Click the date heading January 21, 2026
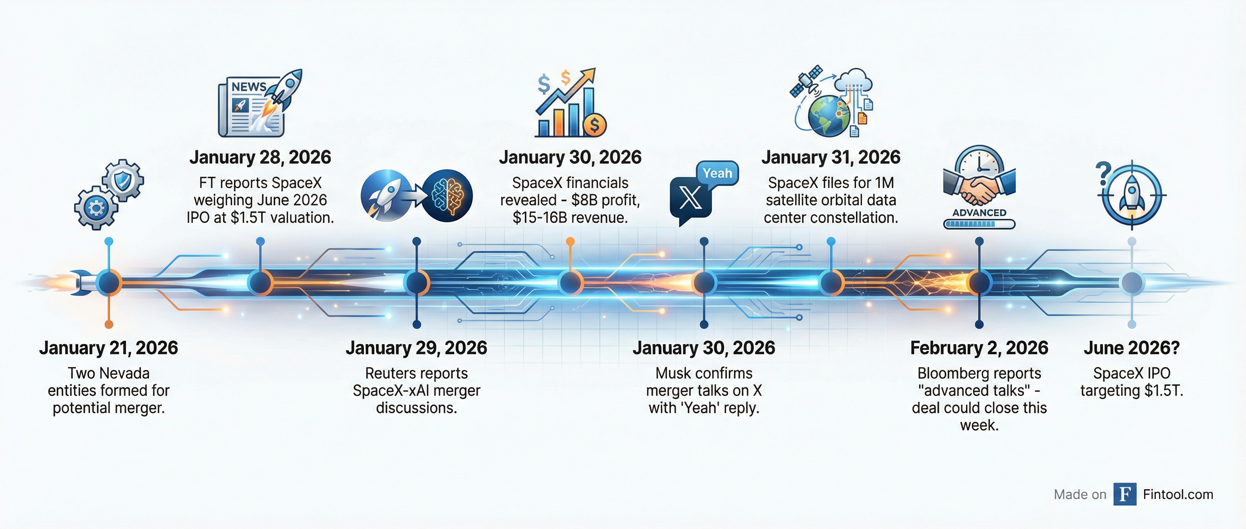108,348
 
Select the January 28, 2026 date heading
260,157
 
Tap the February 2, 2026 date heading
979,348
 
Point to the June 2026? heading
1132,348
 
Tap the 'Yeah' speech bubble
717,173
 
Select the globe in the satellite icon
828,116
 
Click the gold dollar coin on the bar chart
594,125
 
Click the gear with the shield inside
123,180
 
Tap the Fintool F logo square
1124,494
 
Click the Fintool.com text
1178,494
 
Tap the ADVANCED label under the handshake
979,213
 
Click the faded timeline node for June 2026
1132,283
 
